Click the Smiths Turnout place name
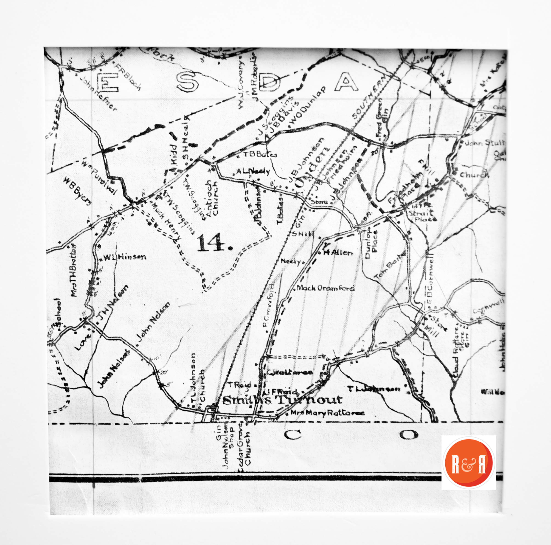pyautogui.click(x=282, y=400)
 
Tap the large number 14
pyautogui.click(x=214, y=243)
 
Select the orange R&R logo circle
pyautogui.click(x=469, y=462)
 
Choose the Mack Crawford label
pyautogui.click(x=325, y=288)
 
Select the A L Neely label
pyautogui.click(x=253, y=171)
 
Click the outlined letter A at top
pyautogui.click(x=346, y=82)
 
